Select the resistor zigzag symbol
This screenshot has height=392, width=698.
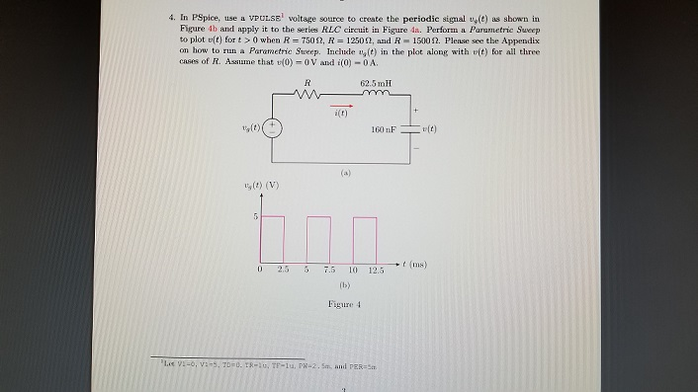coord(309,97)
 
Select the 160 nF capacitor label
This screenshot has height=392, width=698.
coord(386,131)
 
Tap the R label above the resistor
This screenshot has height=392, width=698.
coord(309,83)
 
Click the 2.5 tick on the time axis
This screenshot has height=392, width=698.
coord(282,271)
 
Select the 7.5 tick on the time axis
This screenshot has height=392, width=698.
coord(331,271)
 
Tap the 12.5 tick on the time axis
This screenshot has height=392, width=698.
coord(377,271)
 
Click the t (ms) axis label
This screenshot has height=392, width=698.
coord(414,266)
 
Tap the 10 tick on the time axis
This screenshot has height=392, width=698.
coord(353,271)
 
